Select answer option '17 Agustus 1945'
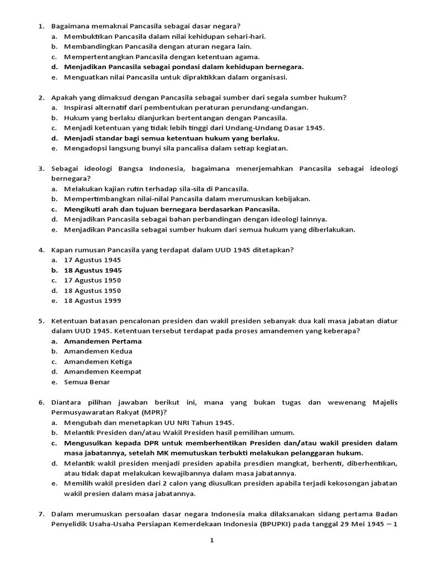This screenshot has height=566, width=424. point(92,260)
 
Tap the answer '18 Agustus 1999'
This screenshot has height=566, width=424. point(92,301)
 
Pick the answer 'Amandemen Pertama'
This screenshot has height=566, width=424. point(103,341)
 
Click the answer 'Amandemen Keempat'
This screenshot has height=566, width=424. point(103,371)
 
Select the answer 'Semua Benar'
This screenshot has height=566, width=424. point(87,382)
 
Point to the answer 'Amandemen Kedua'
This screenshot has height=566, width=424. point(98,351)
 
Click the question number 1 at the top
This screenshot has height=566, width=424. point(41,26)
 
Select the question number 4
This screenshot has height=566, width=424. point(41,250)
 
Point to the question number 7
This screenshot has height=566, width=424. point(41,513)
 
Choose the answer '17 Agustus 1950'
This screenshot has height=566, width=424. point(92,280)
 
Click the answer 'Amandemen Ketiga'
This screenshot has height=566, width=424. point(98,361)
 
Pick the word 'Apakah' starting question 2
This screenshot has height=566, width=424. point(63,97)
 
